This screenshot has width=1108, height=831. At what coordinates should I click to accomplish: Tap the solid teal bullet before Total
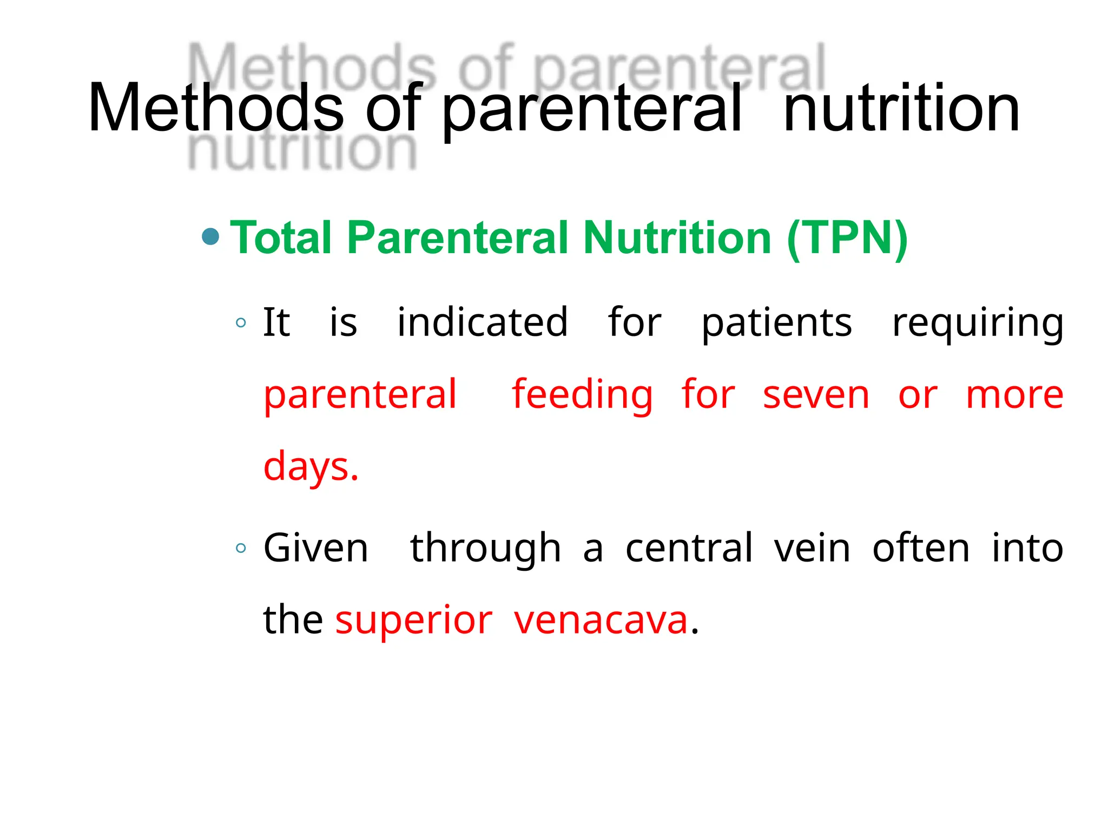tap(210, 236)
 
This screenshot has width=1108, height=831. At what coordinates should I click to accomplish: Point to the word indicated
tap(483, 322)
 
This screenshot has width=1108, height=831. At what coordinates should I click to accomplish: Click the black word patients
tap(776, 324)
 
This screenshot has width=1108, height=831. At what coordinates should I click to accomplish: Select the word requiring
tap(978, 324)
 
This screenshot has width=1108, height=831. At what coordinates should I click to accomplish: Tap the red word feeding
tap(583, 395)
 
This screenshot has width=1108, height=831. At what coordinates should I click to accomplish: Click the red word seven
tap(816, 396)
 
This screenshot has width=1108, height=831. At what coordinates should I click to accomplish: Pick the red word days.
tap(311, 467)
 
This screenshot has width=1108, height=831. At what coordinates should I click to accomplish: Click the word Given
tap(316, 549)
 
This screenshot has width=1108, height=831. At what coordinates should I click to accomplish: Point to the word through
tap(485, 549)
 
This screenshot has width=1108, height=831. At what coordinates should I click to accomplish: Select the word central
tap(689, 549)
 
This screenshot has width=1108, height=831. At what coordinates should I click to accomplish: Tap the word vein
tap(812, 549)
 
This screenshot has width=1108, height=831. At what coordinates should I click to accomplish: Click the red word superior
tap(414, 621)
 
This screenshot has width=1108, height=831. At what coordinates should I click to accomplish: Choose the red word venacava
tap(601, 621)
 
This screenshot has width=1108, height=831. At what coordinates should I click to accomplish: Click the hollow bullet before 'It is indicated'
tap(241, 324)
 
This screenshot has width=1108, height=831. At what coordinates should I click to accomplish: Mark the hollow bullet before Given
tap(241, 549)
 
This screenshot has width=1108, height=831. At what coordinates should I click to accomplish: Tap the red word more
tap(1014, 396)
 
